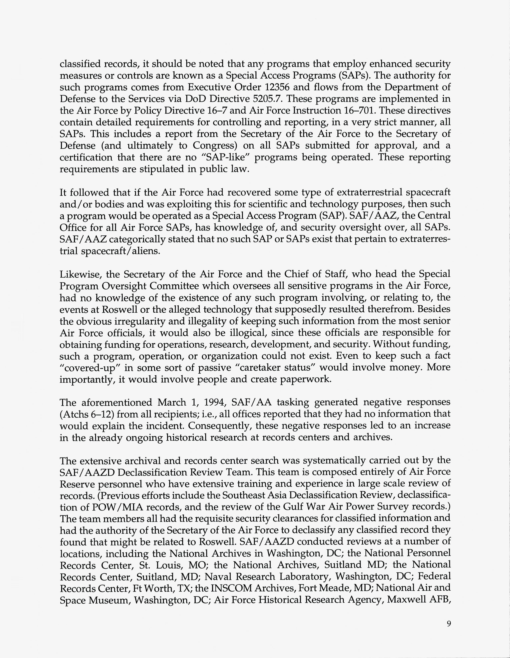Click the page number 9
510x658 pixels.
pos(449,624)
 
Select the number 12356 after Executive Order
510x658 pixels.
pos(277,87)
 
